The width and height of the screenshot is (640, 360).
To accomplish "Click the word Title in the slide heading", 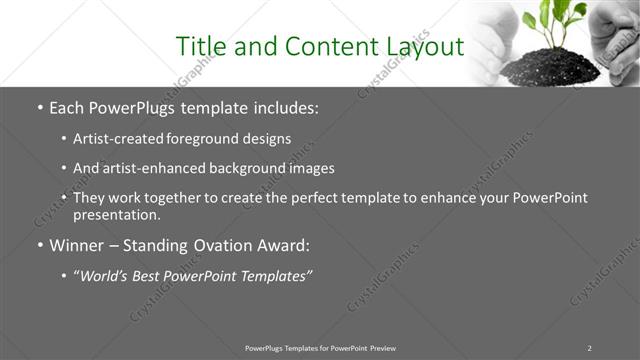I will click(x=201, y=47).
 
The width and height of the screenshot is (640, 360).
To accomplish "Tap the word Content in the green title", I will click(x=322, y=47).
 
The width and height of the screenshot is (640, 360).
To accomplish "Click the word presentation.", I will click(x=116, y=215).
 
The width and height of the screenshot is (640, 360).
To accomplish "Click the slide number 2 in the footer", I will click(x=589, y=347).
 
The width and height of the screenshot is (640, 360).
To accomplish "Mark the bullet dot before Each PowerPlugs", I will click(x=39, y=107).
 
